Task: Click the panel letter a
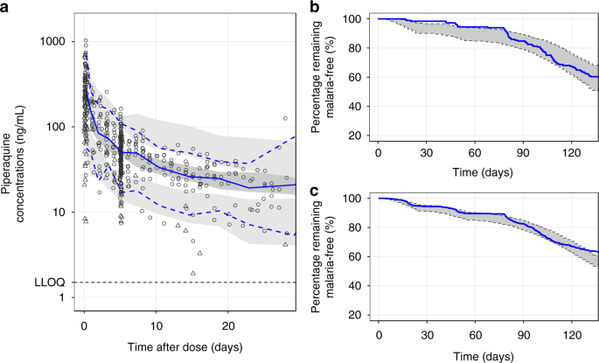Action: pyautogui.click(x=5, y=7)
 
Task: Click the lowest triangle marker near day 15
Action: pyautogui.click(x=192, y=273)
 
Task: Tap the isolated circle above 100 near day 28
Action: pyautogui.click(x=285, y=118)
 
